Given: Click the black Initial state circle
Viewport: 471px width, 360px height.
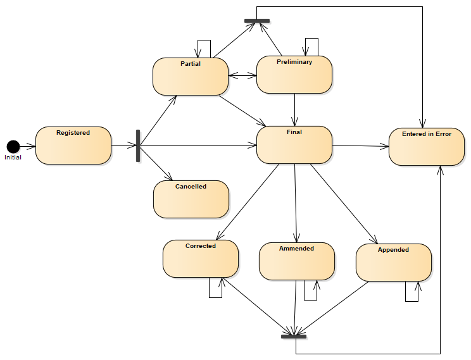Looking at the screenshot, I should click(x=13, y=146).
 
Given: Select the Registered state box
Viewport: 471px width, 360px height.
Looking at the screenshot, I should click(x=73, y=146).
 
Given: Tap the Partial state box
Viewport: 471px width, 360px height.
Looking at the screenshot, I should click(x=190, y=77).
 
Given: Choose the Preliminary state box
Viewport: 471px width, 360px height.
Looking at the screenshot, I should click(x=294, y=75).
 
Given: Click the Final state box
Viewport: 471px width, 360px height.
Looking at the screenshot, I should click(x=294, y=145).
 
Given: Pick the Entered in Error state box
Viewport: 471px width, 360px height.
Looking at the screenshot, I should click(x=426, y=146).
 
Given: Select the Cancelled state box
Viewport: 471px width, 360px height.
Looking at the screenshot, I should click(x=191, y=199).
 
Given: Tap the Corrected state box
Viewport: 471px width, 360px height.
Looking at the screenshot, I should click(x=200, y=259).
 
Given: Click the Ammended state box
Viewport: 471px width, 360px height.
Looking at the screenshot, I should click(x=296, y=261).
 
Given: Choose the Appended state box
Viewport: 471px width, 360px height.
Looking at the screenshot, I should click(x=393, y=263).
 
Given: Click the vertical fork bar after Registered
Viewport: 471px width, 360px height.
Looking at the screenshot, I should click(x=138, y=146).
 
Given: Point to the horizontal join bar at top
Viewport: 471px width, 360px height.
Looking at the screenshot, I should click(x=256, y=21).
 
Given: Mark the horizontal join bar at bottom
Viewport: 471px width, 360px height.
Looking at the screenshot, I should click(x=294, y=336).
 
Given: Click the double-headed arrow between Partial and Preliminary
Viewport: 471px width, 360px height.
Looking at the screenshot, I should click(x=242, y=75).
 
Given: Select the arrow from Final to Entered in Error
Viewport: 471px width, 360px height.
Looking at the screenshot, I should click(x=360, y=146).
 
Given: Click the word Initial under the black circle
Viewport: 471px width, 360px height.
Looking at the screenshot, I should click(x=13, y=158).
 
